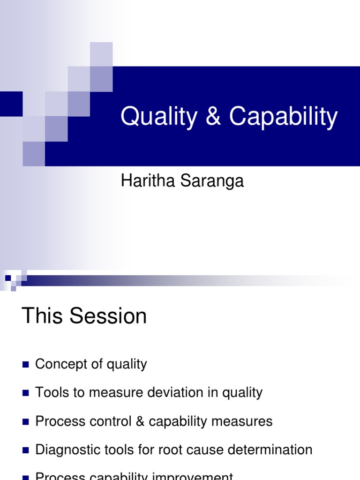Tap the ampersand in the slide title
click(213, 117)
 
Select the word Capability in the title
click(283, 117)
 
